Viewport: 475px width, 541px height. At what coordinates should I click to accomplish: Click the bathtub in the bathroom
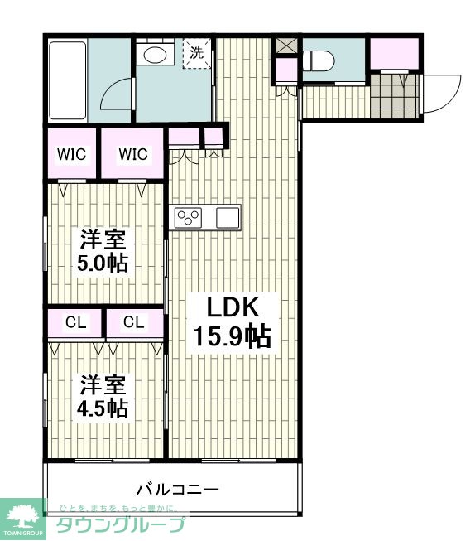tap(68, 80)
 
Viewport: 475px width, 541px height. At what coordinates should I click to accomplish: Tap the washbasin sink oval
tap(155, 55)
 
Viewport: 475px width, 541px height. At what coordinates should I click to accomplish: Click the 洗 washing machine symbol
tap(197, 53)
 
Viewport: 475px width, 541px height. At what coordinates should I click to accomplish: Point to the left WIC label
tap(72, 155)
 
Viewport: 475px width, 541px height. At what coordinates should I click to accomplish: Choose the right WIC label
tap(133, 154)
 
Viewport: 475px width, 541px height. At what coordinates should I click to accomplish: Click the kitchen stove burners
tap(188, 218)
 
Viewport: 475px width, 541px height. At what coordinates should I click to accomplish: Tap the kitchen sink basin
tap(228, 218)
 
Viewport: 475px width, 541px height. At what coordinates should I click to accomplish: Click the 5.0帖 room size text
tap(103, 264)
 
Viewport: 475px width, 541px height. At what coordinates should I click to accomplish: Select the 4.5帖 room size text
tap(103, 408)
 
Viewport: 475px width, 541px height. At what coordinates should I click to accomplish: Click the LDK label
tap(233, 307)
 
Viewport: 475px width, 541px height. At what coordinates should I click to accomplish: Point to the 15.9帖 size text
tap(233, 336)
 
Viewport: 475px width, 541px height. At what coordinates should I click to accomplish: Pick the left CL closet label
tap(76, 322)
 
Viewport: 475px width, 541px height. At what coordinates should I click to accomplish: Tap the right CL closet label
tap(134, 322)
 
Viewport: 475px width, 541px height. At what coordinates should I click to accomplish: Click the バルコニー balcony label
tap(178, 490)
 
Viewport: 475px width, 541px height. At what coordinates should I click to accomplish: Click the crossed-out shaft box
tap(285, 46)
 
